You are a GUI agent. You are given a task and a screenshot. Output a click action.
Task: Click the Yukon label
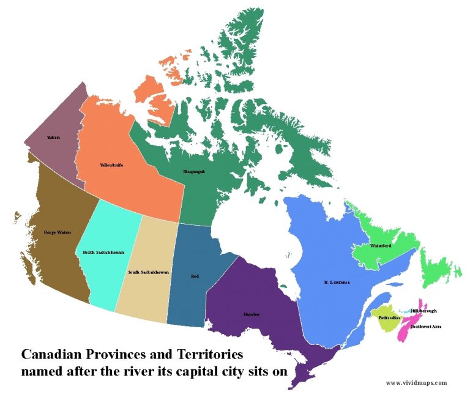[53, 137]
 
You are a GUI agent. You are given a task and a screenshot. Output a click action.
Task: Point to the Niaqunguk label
[194, 172]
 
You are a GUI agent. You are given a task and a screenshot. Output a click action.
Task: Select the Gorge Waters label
[57, 232]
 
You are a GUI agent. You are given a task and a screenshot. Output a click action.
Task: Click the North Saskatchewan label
[103, 252]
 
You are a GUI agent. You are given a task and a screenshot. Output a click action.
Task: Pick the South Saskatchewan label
[149, 272]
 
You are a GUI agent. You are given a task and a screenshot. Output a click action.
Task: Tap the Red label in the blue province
[195, 276]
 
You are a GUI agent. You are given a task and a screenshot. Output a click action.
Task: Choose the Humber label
[252, 314]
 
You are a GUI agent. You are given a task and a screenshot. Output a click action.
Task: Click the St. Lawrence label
[337, 283]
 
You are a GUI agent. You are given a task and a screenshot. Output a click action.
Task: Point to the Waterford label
[381, 246]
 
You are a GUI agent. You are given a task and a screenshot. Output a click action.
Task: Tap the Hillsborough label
[424, 311]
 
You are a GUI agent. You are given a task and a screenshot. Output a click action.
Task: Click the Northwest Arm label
[426, 327]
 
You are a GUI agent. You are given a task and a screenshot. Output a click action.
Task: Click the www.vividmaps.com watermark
[416, 383]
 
